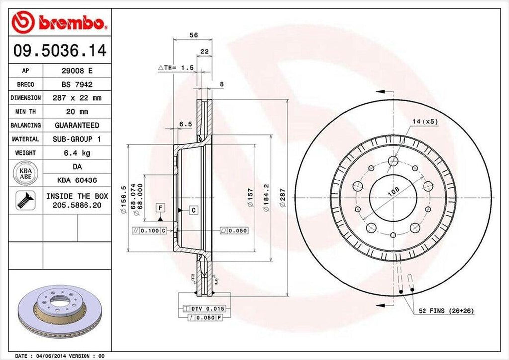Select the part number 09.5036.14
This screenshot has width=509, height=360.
(59, 51)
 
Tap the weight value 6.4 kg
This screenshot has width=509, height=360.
(77, 152)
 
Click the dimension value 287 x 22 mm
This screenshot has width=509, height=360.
(77, 98)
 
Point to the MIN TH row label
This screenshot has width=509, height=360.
(26, 112)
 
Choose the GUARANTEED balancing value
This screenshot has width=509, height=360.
(77, 125)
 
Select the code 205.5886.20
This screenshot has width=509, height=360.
(77, 204)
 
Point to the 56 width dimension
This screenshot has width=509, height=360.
(194, 35)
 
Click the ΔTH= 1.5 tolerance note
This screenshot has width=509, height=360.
(175, 67)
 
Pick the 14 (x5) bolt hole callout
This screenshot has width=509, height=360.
(424, 121)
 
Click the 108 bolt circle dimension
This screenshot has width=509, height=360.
(393, 190)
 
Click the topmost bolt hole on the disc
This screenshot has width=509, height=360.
(393, 161)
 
